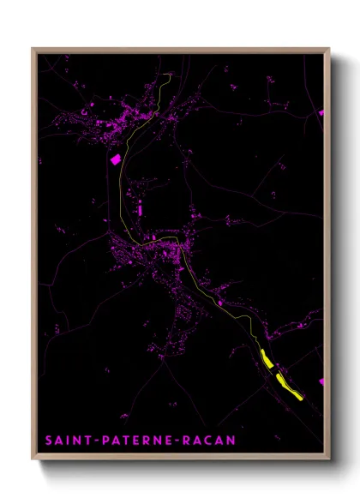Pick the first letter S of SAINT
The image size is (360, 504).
click(x=49, y=440)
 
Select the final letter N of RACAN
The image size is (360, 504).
click(x=231, y=440)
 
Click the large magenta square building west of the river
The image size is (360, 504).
click(x=114, y=158)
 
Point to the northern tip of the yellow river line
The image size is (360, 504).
click(x=171, y=75)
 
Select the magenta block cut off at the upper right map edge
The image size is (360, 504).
click(x=321, y=112)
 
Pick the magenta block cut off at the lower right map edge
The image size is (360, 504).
click(x=321, y=381)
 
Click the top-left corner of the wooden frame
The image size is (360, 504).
click(x=33, y=49)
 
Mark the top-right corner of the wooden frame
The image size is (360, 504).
click(x=329, y=49)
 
